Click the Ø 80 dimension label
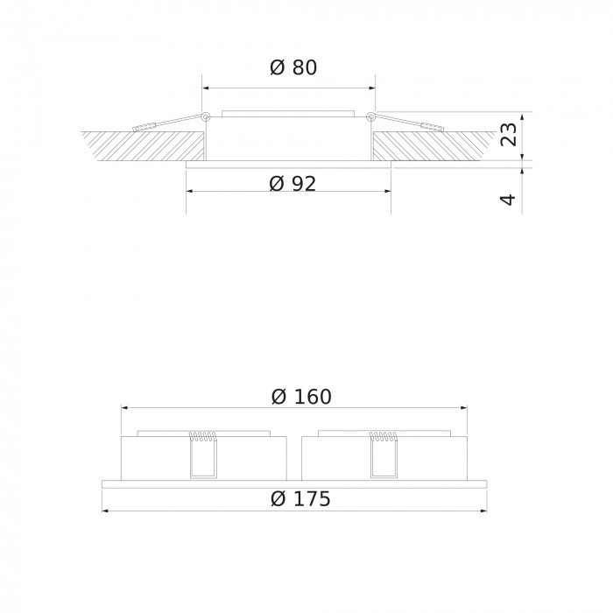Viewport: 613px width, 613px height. coord(292,67)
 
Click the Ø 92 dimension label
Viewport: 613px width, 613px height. coord(292,183)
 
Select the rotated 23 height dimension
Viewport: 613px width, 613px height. coord(508,134)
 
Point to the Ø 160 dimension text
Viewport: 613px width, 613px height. coord(300,397)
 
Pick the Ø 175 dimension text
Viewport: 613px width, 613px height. coord(300,499)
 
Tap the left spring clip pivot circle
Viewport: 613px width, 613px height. coord(205,116)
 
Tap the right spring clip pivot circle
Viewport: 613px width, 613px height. coord(370,116)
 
